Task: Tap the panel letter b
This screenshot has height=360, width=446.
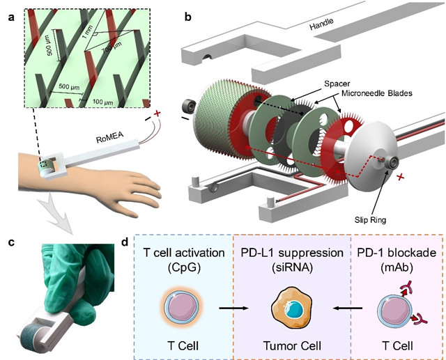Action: pos(187,10)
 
